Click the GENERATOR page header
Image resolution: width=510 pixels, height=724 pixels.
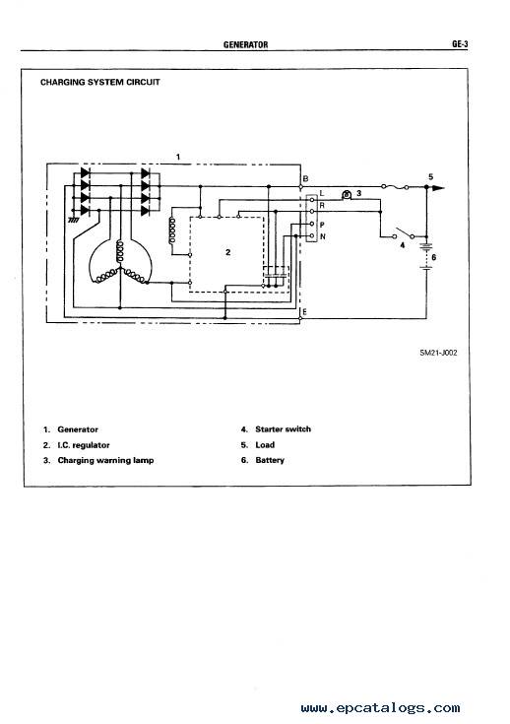point(245,44)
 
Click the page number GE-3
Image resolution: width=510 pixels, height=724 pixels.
point(460,44)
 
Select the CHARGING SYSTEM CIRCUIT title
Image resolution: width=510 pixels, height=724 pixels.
point(100,82)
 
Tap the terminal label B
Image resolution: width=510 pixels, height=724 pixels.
point(305,178)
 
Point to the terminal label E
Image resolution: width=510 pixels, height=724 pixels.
point(304,312)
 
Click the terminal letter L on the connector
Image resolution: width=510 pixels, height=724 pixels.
point(322,193)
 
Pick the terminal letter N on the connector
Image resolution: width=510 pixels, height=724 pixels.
point(323,236)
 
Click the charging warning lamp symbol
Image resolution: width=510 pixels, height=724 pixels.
point(347,195)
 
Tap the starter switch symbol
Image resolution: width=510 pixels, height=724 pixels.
point(404,232)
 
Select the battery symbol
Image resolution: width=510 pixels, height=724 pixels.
point(426,256)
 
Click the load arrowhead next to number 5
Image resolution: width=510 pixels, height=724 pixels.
point(438,187)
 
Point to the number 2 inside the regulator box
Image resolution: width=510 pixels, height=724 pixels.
point(228,252)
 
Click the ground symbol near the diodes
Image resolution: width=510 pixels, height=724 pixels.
point(74,221)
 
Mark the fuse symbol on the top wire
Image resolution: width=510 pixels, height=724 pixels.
point(395,187)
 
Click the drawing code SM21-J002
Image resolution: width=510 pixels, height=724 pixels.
point(438,353)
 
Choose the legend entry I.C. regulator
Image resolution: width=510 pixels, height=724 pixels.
point(84,445)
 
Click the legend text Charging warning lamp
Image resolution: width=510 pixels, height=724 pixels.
point(105,460)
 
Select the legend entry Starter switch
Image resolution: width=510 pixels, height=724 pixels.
point(283,429)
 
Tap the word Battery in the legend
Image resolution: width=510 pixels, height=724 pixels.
point(270,460)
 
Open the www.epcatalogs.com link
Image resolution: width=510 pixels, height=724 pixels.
point(380,708)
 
